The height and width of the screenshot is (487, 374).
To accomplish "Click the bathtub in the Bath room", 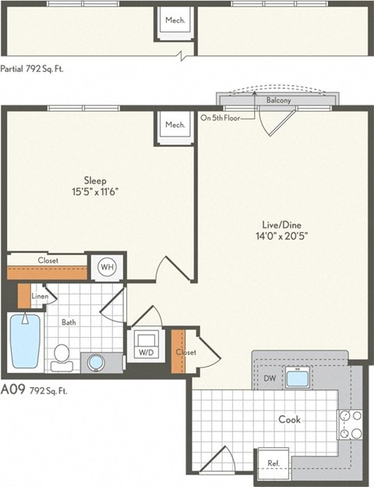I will point(25,341).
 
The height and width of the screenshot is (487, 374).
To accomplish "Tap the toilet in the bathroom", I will point(62,355).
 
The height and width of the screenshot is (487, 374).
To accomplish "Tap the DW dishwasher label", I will point(270,379).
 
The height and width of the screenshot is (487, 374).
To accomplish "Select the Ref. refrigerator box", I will point(273,462).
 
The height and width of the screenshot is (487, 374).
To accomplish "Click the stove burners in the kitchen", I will point(351,425).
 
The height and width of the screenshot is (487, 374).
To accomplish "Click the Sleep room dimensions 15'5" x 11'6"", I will point(101,190).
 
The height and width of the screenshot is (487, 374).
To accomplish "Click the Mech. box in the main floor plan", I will point(175,125).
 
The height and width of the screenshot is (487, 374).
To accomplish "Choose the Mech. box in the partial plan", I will point(175,20).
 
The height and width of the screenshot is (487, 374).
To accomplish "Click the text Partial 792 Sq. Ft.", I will point(32,69).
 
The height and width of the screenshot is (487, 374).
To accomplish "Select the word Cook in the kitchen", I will point(290,419).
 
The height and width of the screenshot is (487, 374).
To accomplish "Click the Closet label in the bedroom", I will point(48,260).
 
